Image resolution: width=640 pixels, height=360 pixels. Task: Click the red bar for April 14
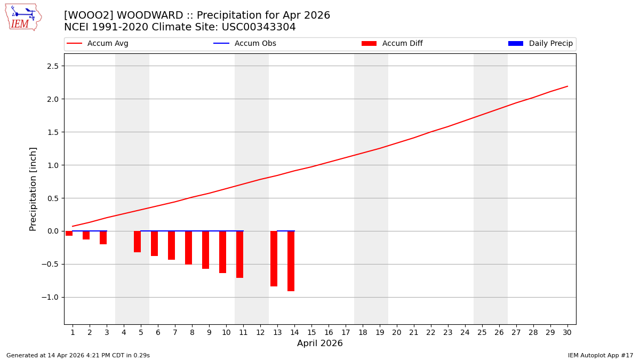(291, 261)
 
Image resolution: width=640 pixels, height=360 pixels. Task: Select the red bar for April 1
(69, 233)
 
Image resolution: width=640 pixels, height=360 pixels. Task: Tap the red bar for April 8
(188, 247)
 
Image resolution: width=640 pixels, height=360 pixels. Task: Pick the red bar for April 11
(239, 254)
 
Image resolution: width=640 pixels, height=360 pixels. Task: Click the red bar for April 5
(137, 242)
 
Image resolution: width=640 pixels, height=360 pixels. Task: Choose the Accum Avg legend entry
(98, 44)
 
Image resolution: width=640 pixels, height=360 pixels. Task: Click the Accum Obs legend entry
(245, 44)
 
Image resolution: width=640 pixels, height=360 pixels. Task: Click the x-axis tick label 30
(567, 332)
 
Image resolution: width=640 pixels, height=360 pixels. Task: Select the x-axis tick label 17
(345, 332)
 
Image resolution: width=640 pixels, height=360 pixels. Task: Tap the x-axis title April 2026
(320, 343)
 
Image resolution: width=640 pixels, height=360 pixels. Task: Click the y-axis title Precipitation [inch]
(33, 189)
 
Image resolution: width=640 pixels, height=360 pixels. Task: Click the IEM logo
(23, 17)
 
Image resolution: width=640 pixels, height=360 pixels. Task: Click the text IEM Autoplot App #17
(601, 355)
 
